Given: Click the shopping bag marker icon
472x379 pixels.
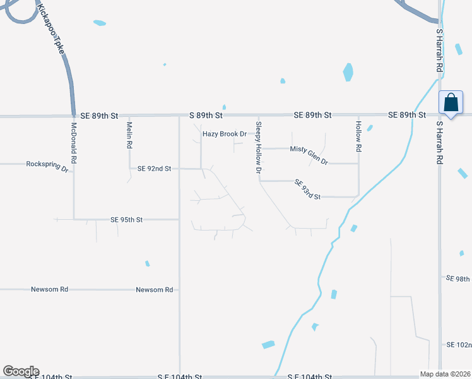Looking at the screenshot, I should point(451,102).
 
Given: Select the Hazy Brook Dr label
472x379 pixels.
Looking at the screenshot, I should point(224,134).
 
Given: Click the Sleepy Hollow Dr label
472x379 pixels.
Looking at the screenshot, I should point(258,148).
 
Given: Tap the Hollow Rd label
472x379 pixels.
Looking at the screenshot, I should point(358,136).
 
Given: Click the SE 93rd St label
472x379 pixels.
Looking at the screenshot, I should point(307,189).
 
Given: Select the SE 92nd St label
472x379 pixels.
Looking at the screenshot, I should point(150,169).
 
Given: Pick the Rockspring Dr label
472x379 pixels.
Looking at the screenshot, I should point(47,164).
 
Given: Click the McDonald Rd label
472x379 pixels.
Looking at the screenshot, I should point(74,143).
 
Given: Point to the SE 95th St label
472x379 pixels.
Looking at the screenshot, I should point(126,220).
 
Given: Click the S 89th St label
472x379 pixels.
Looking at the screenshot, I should point(206,116).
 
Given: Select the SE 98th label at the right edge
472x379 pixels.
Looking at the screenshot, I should point(458,279).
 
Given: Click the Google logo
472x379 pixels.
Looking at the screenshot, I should point(21,371).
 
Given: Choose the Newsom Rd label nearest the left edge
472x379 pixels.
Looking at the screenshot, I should point(49,289).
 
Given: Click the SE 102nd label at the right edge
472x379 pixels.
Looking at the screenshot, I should point(459,345).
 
